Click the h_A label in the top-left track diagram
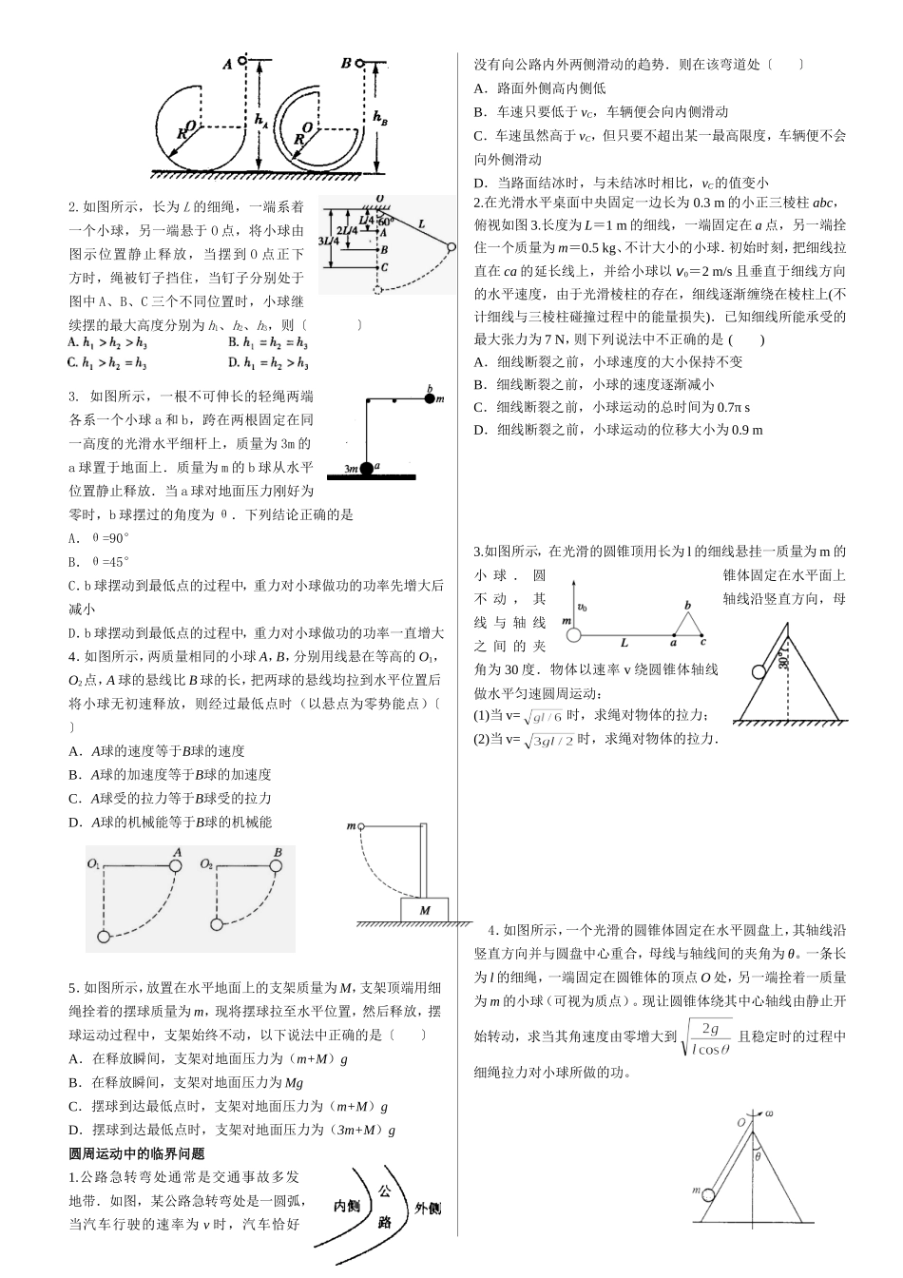(x=262, y=121)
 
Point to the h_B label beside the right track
(x=380, y=119)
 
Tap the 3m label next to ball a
(x=352, y=468)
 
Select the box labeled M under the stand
(x=425, y=910)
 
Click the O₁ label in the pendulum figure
(x=93, y=863)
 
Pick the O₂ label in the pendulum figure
(x=207, y=863)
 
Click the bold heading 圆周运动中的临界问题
(x=137, y=1153)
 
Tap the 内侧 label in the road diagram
(x=347, y=1207)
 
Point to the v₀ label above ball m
(x=582, y=606)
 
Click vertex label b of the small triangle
(x=688, y=605)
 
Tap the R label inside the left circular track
(x=181, y=135)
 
